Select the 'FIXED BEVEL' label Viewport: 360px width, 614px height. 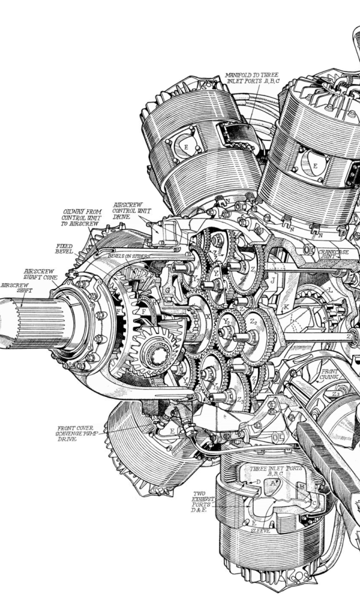pyautogui.click(x=64, y=249)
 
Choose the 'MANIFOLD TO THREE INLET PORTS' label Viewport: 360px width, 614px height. pyautogui.click(x=252, y=79)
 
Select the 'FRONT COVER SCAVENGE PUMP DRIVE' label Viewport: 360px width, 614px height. pyautogui.click(x=75, y=434)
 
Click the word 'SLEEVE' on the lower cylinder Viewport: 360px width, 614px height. pyautogui.click(x=260, y=531)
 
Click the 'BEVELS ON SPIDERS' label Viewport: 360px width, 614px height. pyautogui.click(x=128, y=255)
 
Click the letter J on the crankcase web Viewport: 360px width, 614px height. pyautogui.click(x=273, y=281)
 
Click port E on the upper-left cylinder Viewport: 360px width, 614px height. pyautogui.click(x=186, y=146)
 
